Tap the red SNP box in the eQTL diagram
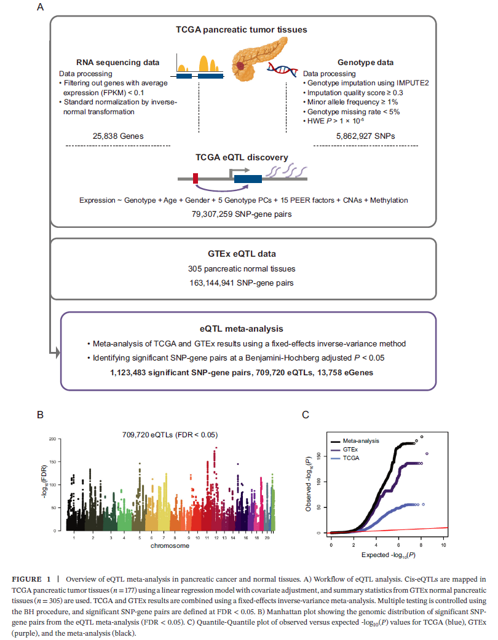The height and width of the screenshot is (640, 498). [196, 179]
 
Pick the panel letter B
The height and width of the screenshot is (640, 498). [41, 416]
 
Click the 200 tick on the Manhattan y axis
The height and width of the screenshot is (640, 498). [53, 439]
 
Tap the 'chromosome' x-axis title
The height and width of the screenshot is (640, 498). [170, 545]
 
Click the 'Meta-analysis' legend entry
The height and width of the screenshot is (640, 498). [361, 440]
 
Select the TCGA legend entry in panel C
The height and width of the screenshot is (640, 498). [351, 458]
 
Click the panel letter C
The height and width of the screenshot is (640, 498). [306, 416]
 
